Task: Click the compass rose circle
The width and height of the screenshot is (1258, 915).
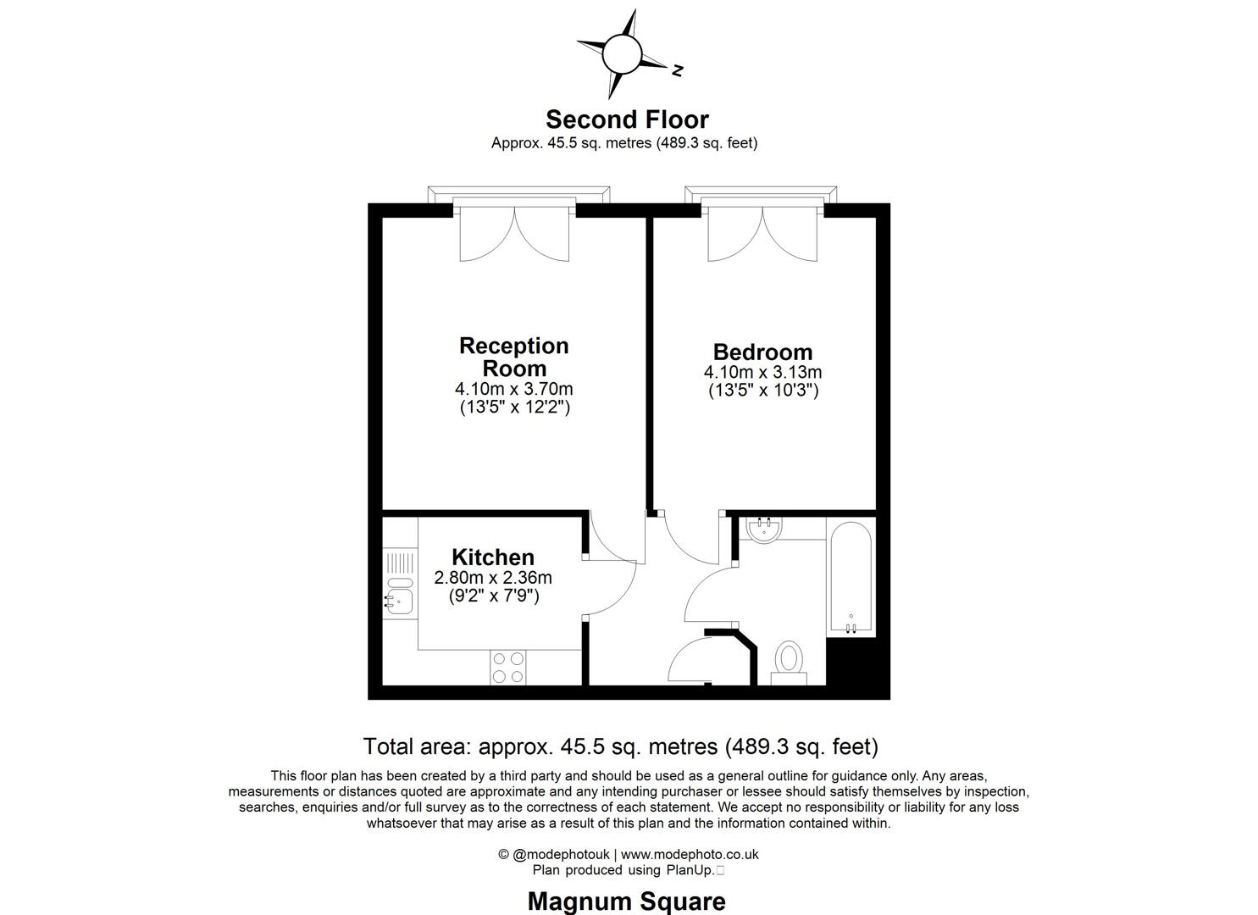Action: pos(621,54)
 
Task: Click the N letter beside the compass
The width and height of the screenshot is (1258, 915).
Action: pos(678,71)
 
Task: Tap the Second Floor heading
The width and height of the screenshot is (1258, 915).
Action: pos(627,119)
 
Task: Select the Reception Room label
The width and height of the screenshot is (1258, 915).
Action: pos(514,357)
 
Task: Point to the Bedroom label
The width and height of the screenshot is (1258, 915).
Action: pos(762,352)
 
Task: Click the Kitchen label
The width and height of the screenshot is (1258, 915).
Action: pos(493,557)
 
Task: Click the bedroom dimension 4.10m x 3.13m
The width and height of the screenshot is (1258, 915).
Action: pos(762,372)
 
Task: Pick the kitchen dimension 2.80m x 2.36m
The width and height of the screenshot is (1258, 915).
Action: pos(493,578)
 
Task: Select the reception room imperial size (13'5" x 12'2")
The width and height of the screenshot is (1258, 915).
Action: pos(514,407)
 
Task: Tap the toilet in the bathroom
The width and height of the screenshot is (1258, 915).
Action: pos(789,663)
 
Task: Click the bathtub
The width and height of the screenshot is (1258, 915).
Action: pos(851,578)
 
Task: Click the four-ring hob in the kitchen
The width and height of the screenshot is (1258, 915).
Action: pos(507,668)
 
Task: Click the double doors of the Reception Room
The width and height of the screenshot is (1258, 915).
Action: pos(514,234)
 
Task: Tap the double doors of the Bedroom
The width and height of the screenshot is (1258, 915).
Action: pos(762,234)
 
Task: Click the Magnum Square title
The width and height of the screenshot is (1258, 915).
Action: pos(627,901)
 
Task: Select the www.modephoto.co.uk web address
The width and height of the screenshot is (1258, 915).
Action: pos(690,854)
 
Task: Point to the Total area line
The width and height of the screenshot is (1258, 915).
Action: pos(621,746)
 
